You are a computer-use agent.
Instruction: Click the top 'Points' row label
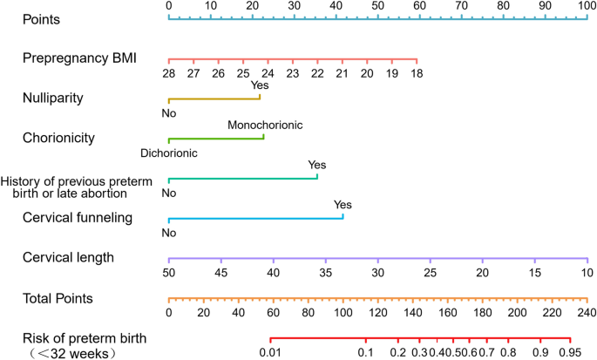pos(42,17)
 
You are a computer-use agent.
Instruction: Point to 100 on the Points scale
pos(587,5)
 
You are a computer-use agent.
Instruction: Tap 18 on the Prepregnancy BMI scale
pos(417,74)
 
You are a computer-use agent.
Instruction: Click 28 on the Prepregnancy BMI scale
pos(168,74)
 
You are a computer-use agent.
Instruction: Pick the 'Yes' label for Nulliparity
pos(260,85)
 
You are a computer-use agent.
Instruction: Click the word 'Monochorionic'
pos(265,125)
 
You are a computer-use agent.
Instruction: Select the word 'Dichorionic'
pos(168,153)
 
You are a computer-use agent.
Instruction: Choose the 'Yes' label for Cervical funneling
pos(343,205)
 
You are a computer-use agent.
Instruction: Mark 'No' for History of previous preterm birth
pos(168,193)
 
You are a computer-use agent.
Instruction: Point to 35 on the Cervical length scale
pos(325,273)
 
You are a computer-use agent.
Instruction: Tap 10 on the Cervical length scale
pos(587,273)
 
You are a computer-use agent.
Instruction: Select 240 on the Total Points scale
pos(587,313)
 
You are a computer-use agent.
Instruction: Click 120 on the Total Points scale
pos(377,313)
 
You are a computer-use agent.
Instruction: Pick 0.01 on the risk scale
pos(270,352)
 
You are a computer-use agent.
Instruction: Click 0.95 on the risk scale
pos(569,352)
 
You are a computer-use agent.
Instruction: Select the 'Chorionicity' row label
pos(58,137)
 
